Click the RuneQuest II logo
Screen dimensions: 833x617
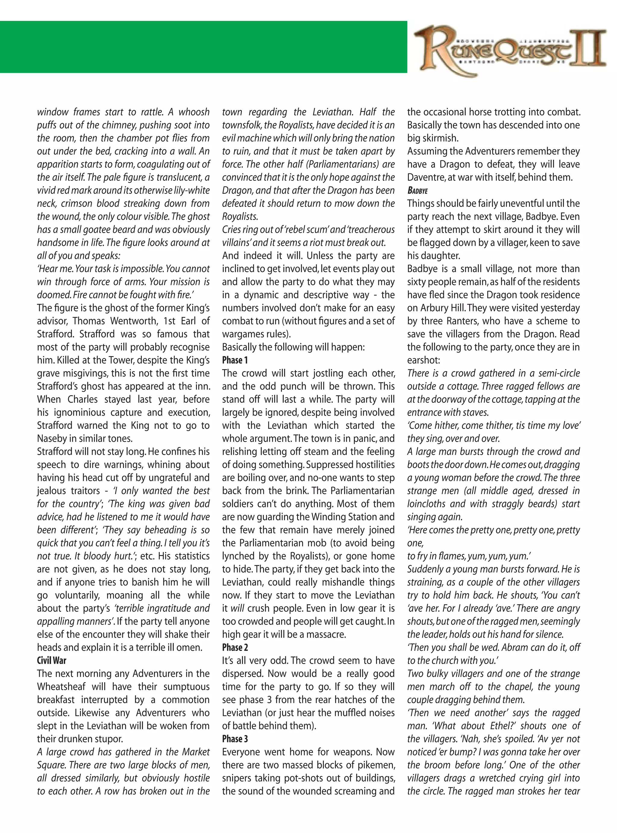[x=510, y=53]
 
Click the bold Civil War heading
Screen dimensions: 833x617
[x=52, y=660]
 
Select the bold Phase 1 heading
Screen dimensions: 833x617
[x=235, y=360]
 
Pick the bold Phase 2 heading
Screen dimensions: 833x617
[x=235, y=647]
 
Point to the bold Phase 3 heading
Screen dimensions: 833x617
[x=235, y=739]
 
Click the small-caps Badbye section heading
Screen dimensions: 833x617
[x=418, y=191]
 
